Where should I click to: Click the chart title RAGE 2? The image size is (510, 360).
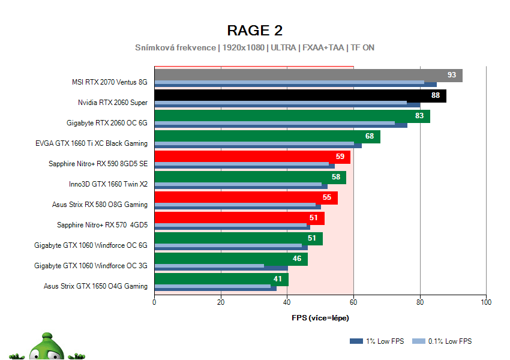pos(254,30)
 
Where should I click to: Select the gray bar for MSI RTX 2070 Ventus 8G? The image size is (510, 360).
pos(300,74)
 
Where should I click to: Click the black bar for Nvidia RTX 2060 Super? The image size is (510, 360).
pos(288,95)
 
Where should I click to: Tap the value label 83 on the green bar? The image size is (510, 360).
pos(419,116)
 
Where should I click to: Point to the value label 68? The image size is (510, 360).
pos(370,136)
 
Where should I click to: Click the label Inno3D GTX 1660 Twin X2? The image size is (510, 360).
pos(108,184)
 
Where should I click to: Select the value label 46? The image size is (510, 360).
pos(297,259)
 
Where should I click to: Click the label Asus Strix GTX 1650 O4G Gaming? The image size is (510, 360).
pos(95,286)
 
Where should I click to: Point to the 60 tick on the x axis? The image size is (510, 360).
pos(354,302)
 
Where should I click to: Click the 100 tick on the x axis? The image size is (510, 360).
pos(486,302)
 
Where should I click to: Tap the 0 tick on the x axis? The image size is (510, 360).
pos(155,302)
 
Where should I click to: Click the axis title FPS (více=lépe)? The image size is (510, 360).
pos(320,318)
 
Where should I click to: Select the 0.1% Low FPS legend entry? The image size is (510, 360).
pos(445,341)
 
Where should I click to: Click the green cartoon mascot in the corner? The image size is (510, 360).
pos(45,347)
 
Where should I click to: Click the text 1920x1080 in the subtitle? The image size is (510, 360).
pos(246,47)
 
